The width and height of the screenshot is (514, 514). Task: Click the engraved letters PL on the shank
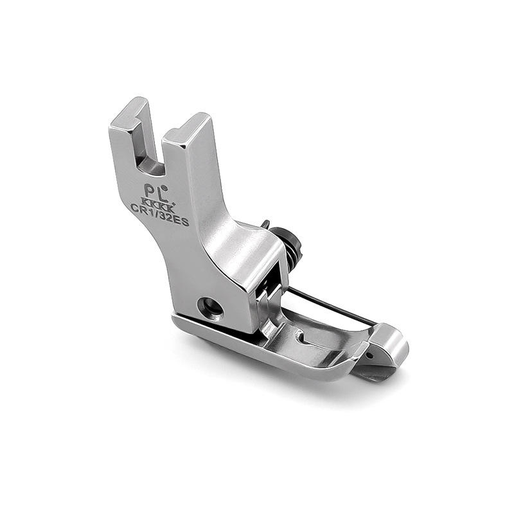[x=154, y=191]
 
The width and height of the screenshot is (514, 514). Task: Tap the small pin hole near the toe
[x=370, y=355]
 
